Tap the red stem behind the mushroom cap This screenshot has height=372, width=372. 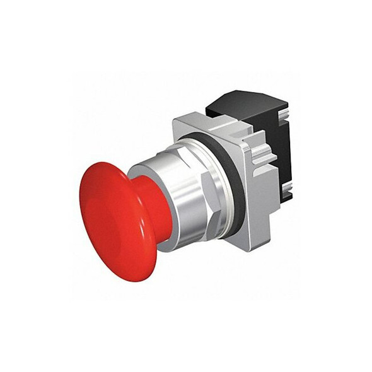tap(158, 208)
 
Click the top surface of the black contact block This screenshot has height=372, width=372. tap(246, 101)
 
